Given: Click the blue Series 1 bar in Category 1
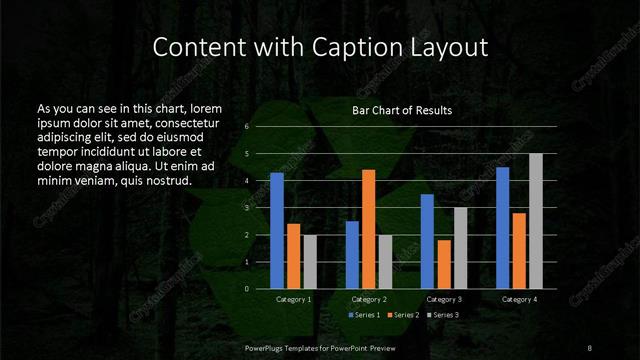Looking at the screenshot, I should point(277,231).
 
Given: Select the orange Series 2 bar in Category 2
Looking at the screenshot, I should point(368,229).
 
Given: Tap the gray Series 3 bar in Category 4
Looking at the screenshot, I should point(536,221).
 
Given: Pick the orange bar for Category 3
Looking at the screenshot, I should point(443,264).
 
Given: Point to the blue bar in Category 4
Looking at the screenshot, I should point(502,228).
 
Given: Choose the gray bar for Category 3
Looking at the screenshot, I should point(460,248).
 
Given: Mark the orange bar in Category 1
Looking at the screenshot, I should point(293,256).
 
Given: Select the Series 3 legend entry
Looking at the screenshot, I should point(444,315).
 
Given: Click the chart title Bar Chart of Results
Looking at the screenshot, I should point(402,110).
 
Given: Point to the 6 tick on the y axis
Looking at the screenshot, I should point(246,127).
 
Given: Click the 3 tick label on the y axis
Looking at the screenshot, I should point(246,208).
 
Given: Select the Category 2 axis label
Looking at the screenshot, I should point(369,299).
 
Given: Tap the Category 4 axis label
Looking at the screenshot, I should point(518,299).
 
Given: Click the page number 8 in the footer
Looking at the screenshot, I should point(589,346).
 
